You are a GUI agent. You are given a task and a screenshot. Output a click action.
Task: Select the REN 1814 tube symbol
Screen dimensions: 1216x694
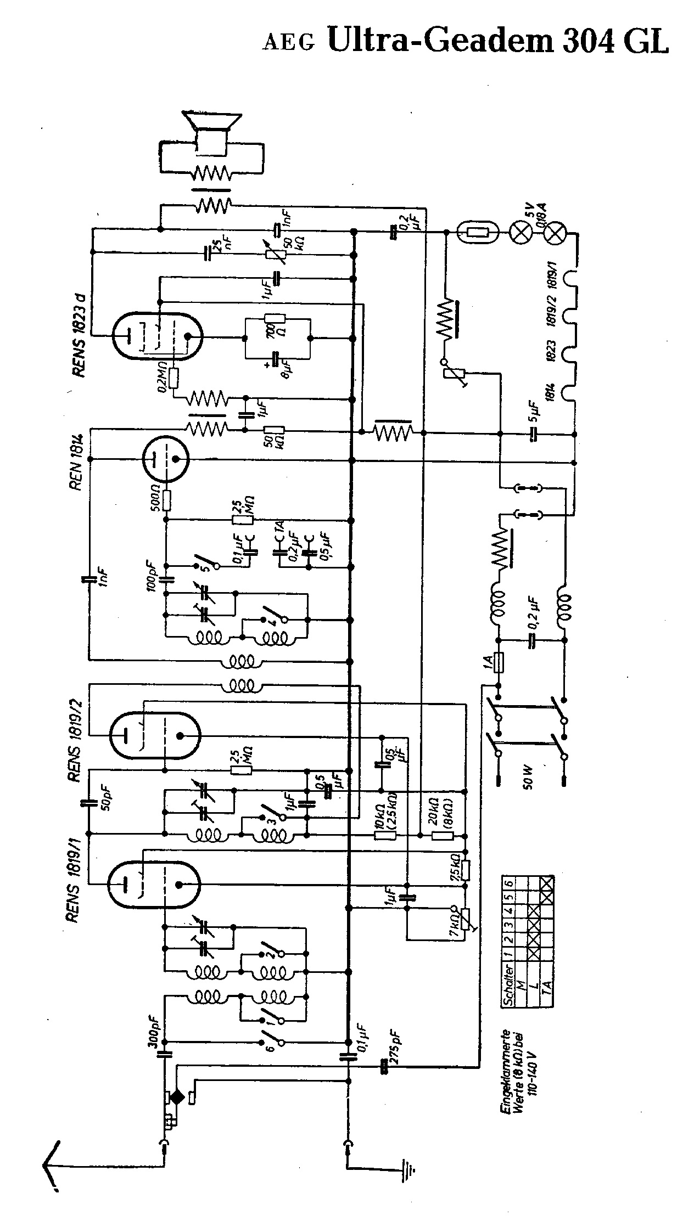coord(165,459)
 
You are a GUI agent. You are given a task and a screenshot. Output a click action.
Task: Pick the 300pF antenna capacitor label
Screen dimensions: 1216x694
coord(154,1033)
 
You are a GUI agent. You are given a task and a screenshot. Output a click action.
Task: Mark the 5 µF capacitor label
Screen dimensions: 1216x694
coord(533,412)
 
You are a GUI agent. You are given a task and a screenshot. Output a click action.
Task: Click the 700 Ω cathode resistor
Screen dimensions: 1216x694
coord(275,319)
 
